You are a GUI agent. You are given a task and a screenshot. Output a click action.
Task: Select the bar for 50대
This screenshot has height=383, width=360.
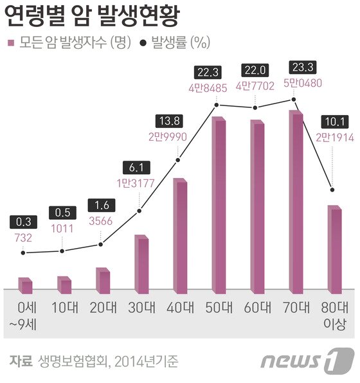218,206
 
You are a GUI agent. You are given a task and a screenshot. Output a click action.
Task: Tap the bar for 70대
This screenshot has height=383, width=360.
295,202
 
